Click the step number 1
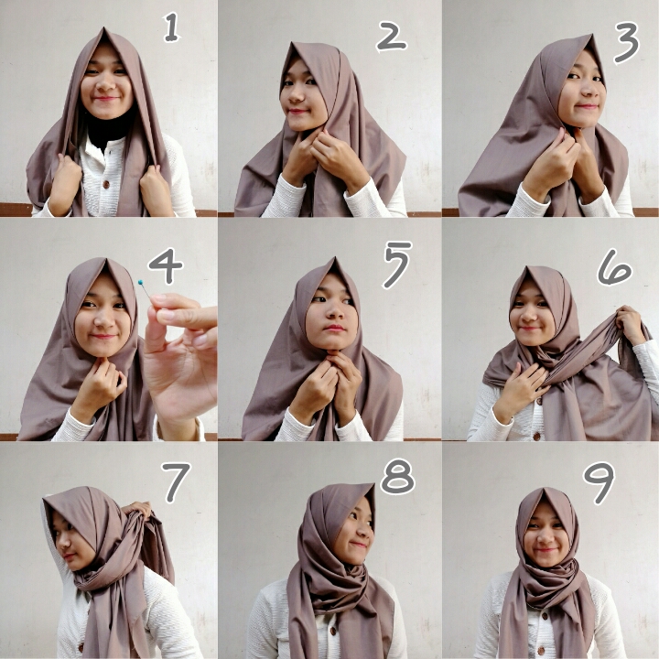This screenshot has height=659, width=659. pos(171,27)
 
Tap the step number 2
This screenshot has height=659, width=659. pos(391,37)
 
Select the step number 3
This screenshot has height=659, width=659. pos(626,42)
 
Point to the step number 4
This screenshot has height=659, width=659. pos(166,265)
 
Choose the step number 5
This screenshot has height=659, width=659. pos(396,265)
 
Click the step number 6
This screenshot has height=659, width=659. pos(614,267)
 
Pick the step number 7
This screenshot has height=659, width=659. pos(176,482)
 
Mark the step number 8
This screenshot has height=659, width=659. pos(397,476)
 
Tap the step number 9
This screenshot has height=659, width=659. pos(599,483)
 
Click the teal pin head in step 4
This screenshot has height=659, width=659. pos(140,282)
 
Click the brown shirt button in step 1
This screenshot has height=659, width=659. pos(106,184)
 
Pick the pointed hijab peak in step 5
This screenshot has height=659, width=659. pos(335,258)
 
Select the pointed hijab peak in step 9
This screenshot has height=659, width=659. pos(543,490)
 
